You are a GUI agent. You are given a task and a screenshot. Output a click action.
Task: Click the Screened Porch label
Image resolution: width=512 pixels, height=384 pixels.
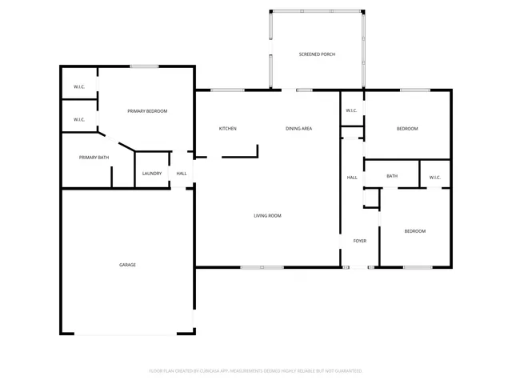pyautogui.click(x=317, y=54)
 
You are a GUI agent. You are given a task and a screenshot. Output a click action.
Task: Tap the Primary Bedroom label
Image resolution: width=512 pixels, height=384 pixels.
pyautogui.click(x=147, y=111)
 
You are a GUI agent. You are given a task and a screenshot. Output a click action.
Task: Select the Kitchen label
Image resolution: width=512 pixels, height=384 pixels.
pyautogui.click(x=228, y=129)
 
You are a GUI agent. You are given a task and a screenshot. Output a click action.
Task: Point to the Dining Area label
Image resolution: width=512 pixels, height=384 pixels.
pyautogui.click(x=298, y=129)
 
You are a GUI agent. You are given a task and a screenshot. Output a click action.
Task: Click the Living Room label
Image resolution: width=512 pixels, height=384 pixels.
pyautogui.click(x=267, y=215)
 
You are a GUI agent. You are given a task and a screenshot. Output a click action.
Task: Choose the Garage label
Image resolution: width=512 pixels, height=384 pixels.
pyautogui.click(x=127, y=265)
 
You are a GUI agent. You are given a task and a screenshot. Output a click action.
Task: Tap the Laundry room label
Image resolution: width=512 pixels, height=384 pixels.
pyautogui.click(x=151, y=174)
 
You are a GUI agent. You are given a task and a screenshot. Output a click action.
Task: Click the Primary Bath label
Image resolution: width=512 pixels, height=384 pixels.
pyautogui.click(x=94, y=158)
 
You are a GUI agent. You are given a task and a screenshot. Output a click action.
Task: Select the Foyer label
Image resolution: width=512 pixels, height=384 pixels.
pyautogui.click(x=359, y=240)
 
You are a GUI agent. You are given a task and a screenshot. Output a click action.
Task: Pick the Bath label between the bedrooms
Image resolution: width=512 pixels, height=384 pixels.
pyautogui.click(x=392, y=177)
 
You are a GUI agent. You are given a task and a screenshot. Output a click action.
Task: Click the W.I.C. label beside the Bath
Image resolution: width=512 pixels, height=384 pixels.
pyautogui.click(x=434, y=178)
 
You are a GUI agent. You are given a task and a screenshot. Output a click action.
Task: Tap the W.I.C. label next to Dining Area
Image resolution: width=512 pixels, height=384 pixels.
pyautogui.click(x=351, y=110)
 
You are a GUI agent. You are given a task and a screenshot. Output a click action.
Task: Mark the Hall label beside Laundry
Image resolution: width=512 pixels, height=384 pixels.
pyautogui.click(x=182, y=174)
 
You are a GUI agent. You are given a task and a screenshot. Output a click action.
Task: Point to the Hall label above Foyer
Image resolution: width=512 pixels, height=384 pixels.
pyautogui.click(x=352, y=178)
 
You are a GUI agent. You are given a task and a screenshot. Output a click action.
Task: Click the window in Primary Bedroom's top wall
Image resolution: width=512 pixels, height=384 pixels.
pyautogui.click(x=143, y=66)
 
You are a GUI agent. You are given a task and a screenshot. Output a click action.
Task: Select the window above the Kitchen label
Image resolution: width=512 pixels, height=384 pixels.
pyautogui.click(x=227, y=90)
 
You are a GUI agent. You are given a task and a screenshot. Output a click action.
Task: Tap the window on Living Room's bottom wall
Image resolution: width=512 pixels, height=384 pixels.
pyautogui.click(x=262, y=267)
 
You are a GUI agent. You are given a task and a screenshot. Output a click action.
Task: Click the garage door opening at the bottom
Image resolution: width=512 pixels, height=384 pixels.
pyautogui.click(x=127, y=334)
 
